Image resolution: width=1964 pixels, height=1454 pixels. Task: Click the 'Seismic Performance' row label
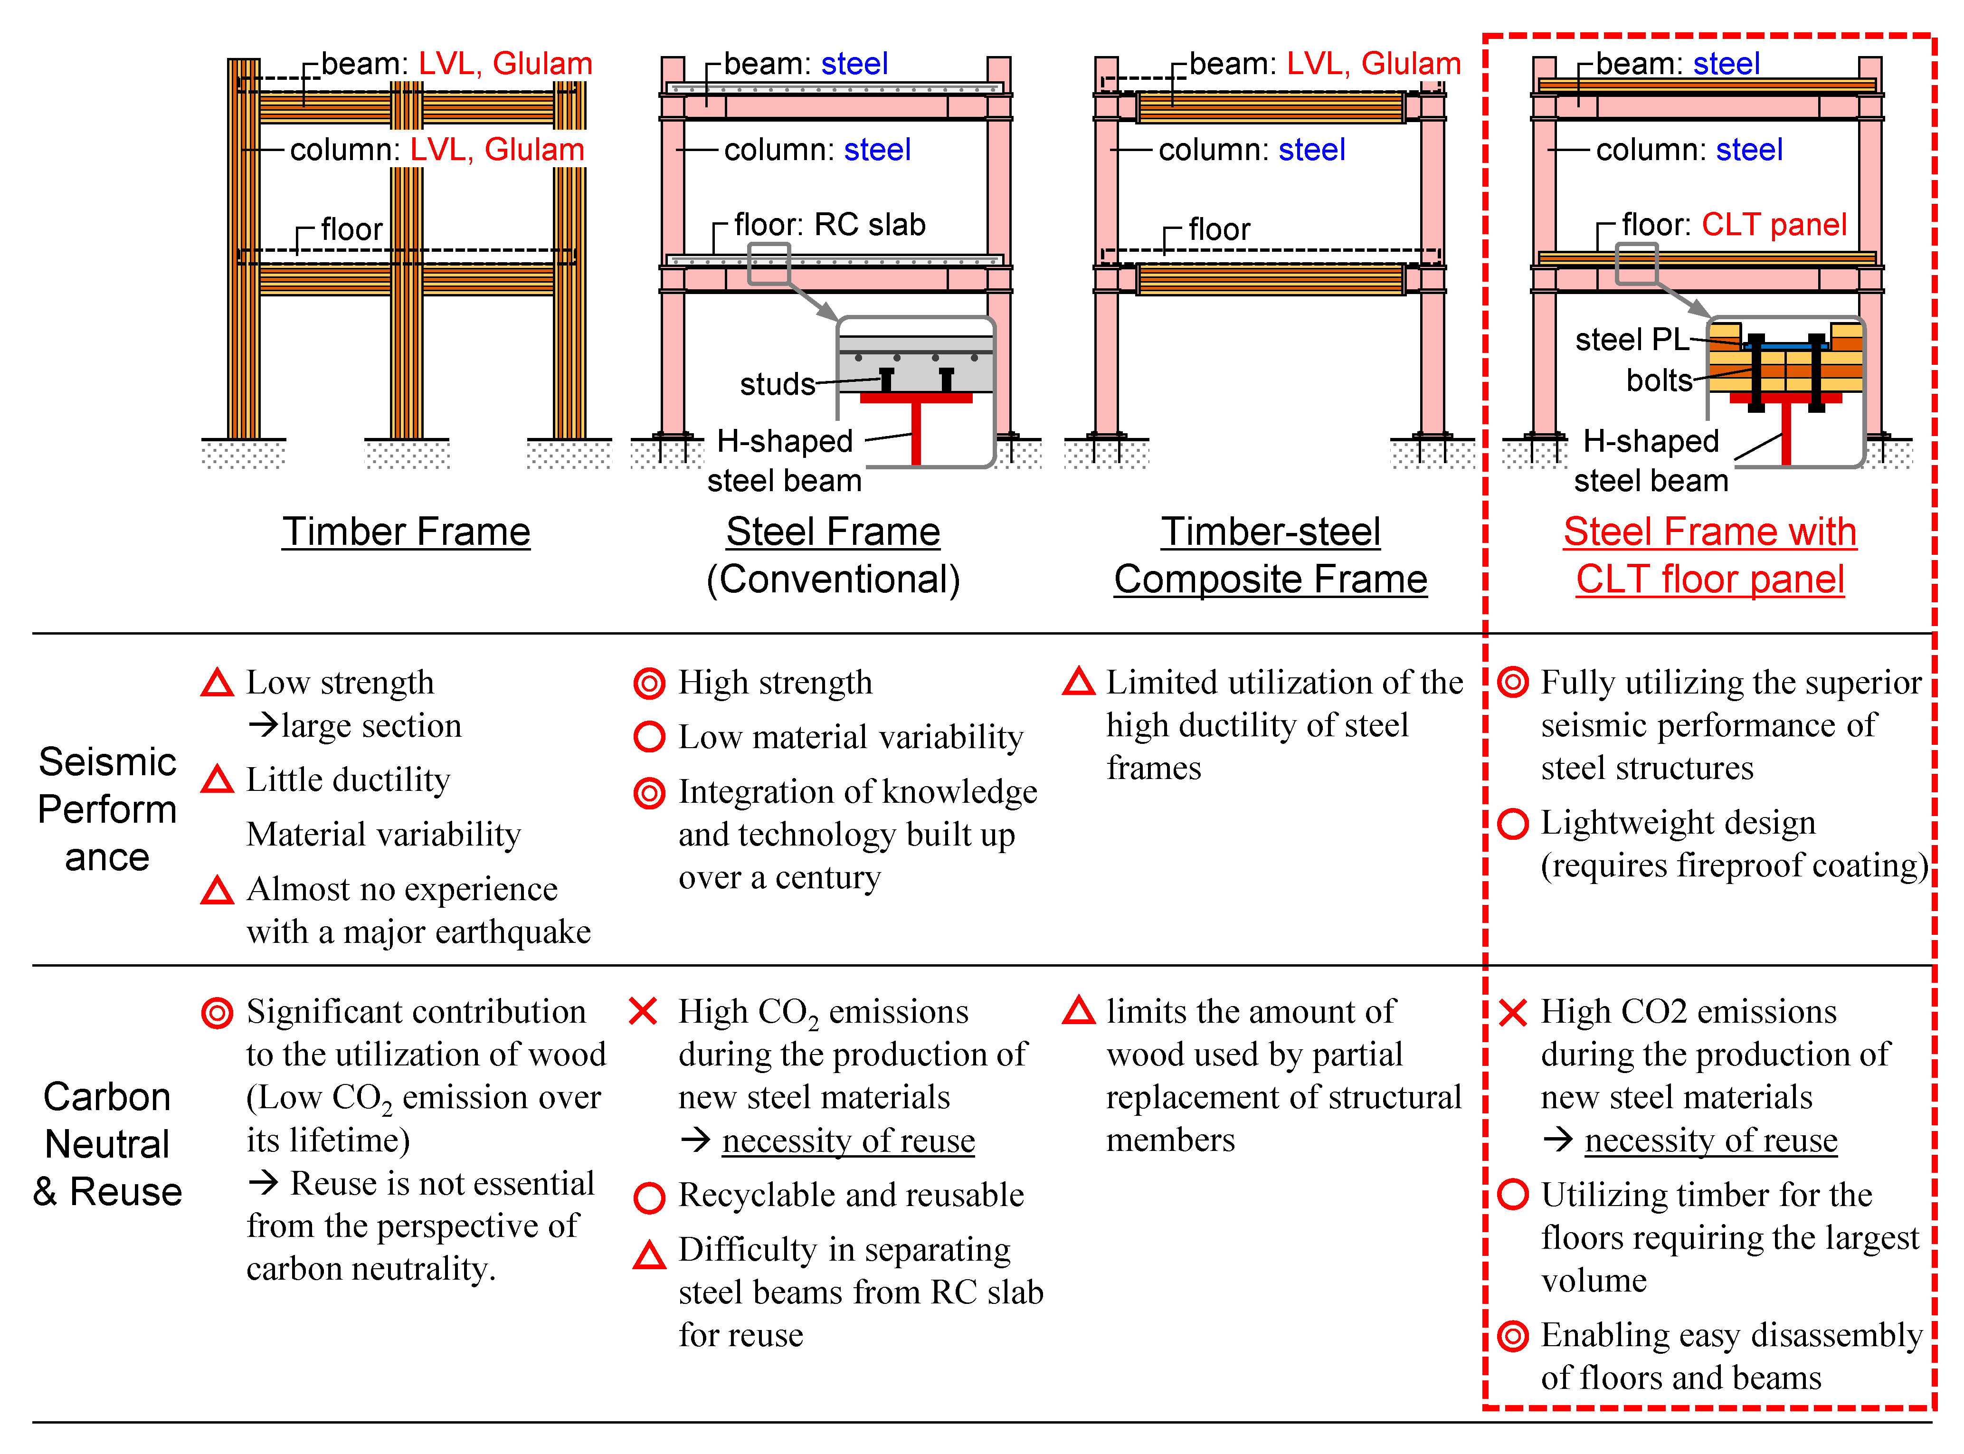pyautogui.click(x=107, y=809)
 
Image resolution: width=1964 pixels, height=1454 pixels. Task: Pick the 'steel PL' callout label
pyautogui.click(x=1631, y=339)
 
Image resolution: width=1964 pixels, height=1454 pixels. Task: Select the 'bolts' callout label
pyautogui.click(x=1659, y=380)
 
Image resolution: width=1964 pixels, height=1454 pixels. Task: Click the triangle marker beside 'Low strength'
pyautogui.click(x=217, y=683)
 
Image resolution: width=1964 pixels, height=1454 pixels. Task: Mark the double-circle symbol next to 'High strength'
pyautogui.click(x=649, y=683)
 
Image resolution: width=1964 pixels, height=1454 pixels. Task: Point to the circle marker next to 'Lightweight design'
pyautogui.click(x=1513, y=824)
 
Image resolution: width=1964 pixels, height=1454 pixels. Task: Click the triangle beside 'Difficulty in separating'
pyautogui.click(x=649, y=1254)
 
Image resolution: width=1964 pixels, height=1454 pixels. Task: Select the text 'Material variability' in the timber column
pyautogui.click(x=384, y=835)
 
